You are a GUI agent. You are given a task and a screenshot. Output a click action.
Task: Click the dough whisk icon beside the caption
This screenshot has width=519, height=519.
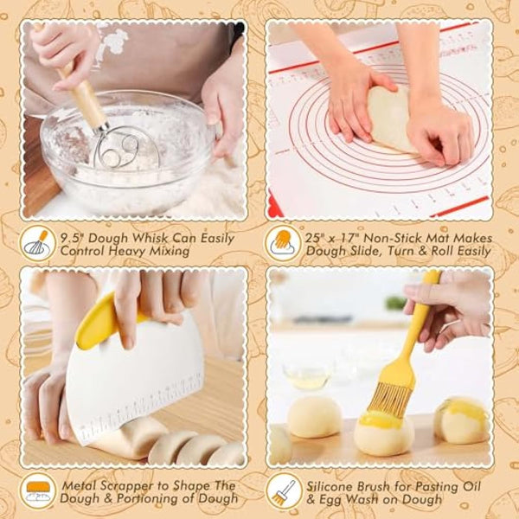pyautogui.click(x=36, y=243)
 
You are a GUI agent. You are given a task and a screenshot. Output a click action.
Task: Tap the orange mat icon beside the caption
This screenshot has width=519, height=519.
pyautogui.click(x=282, y=242)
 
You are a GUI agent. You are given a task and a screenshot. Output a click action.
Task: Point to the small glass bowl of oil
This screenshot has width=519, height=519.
pyautogui.click(x=307, y=377)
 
